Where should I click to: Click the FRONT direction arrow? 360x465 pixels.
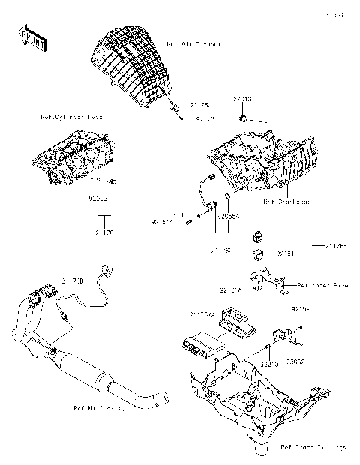click(x=34, y=37)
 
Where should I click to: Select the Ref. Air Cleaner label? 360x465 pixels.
click(x=193, y=45)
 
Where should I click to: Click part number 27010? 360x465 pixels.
click(x=242, y=98)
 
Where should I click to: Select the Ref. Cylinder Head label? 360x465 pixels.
click(x=71, y=118)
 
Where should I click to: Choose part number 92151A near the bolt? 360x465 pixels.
click(x=162, y=223)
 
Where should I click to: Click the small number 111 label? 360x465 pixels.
click(x=180, y=215)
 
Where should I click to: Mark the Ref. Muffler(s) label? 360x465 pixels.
click(x=98, y=409)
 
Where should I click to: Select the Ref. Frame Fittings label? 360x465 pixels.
click(x=313, y=447)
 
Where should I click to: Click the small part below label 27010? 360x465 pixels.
click(x=244, y=118)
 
